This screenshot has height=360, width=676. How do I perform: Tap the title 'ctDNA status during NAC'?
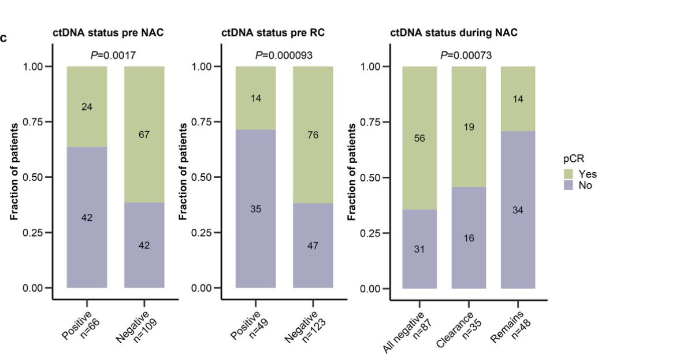click(454, 32)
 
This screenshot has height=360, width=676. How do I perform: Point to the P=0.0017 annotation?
click(113, 55)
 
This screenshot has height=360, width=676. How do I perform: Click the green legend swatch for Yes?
click(568, 174)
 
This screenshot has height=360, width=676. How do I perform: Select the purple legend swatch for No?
click(568, 185)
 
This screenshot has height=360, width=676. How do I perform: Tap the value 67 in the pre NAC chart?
click(144, 135)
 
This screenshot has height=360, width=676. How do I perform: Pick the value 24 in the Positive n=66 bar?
click(87, 107)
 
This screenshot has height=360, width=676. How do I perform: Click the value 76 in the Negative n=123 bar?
click(313, 135)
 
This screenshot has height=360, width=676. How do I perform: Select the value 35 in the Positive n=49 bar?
click(256, 209)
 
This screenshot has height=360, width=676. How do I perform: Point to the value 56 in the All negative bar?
click(419, 139)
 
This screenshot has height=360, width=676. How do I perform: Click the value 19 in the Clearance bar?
click(469, 127)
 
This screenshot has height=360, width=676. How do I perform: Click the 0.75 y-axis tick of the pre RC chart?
click(207, 122)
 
